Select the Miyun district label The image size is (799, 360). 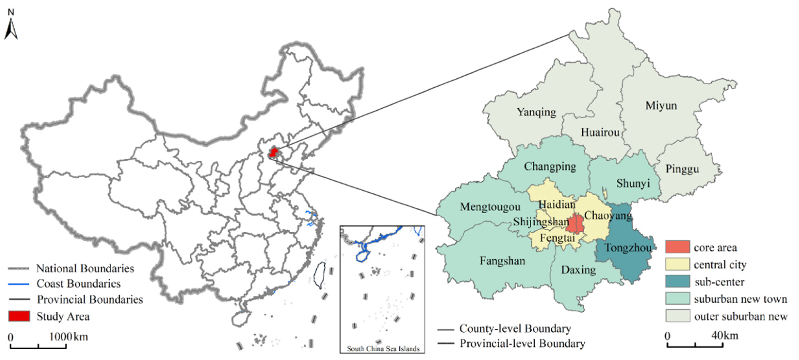click(661, 106)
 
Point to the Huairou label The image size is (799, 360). click(600, 132)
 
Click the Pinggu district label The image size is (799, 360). click(682, 169)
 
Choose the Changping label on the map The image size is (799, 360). click(550, 167)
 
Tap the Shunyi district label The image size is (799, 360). click(633, 183)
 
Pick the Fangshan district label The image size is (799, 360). click(502, 261)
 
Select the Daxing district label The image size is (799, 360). click(579, 270)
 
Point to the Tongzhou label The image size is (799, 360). click(628, 248)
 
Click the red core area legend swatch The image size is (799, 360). click(678, 247)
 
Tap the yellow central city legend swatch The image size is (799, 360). click(678, 264)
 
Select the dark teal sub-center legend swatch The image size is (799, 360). click(678, 281)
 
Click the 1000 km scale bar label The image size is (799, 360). click(68, 337)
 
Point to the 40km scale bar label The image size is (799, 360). click(725, 335)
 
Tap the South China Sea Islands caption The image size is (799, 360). click(383, 349)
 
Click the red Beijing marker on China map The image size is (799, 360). click(273, 152)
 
